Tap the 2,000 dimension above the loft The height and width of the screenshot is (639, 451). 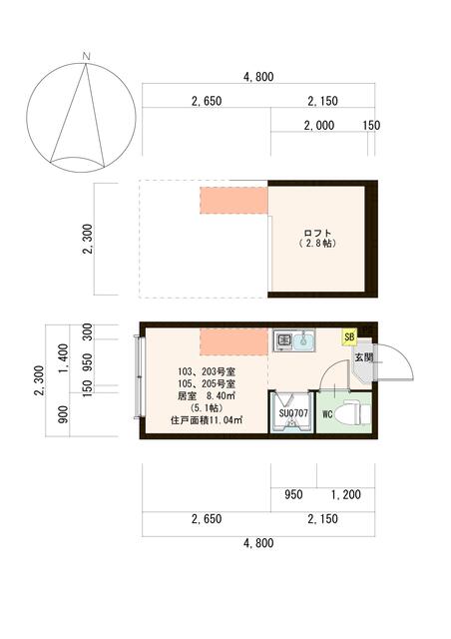pos(319,125)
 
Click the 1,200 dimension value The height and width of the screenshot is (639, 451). pos(345,493)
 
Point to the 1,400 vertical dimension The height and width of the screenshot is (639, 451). pos(63,355)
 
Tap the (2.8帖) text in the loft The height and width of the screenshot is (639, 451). pos(320,244)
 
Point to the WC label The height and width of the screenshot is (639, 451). pos(327,414)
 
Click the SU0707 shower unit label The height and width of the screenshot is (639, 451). pos(291,412)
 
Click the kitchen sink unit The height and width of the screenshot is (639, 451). pos(293,341)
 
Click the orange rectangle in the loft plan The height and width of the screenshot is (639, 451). pos(234,199)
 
